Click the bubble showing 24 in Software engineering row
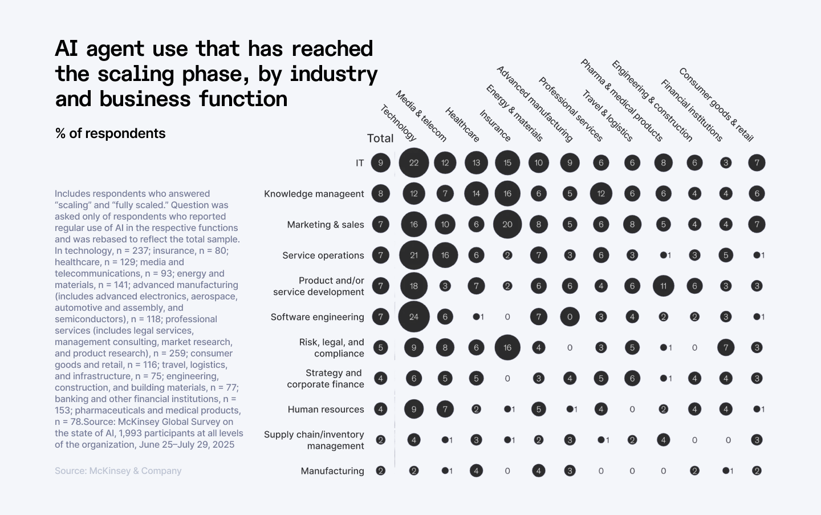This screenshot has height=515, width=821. tap(414, 317)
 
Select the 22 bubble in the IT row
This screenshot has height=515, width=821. tap(414, 163)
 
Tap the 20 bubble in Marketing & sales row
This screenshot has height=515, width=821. tap(507, 224)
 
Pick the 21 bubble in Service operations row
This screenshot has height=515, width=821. tap(414, 255)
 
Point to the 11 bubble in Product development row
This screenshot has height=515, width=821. tap(663, 286)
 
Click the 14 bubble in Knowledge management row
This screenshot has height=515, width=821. tap(476, 193)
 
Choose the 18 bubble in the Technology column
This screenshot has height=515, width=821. tap(414, 286)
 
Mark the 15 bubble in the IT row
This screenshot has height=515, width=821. tap(507, 163)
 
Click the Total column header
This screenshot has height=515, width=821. tap(380, 138)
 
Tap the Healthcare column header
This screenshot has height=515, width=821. tap(462, 124)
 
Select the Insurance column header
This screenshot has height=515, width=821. tap(494, 125)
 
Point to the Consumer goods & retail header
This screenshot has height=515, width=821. tap(716, 104)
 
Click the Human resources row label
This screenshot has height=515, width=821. tap(326, 409)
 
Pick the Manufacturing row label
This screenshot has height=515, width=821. tap(332, 471)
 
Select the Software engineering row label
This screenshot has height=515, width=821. tap(317, 317)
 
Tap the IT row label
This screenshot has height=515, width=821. tap(360, 163)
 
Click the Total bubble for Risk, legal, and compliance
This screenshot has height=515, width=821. tap(380, 347)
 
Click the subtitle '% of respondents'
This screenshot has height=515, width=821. tap(111, 133)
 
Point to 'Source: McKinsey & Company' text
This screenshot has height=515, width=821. tap(118, 471)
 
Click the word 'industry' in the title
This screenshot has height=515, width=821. tap(334, 74)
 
